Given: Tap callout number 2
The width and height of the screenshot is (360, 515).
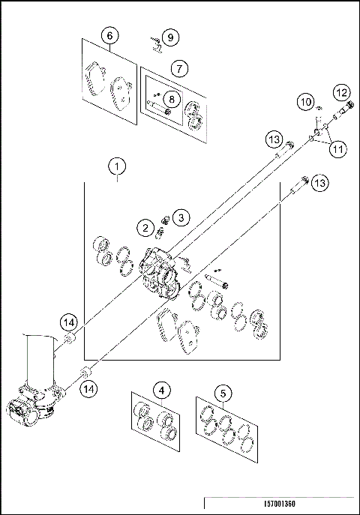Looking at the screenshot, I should (142, 227).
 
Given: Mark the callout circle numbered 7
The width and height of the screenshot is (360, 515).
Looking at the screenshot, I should (178, 67).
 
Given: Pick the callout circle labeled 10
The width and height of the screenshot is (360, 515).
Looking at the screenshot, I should (305, 100).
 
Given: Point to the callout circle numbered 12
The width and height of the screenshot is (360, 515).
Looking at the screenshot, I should (342, 92).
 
